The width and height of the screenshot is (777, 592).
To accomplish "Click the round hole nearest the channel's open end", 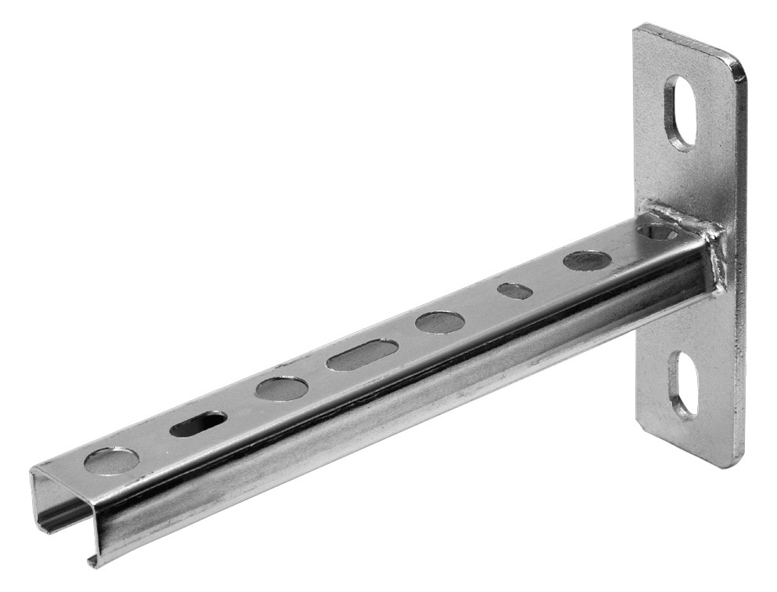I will (x=111, y=461).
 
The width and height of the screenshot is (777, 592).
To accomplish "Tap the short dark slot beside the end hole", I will (x=198, y=423).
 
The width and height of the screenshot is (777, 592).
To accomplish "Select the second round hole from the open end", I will (x=281, y=388).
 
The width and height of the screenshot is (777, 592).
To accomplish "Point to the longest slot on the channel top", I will (x=362, y=354).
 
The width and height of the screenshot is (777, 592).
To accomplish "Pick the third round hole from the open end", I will (x=439, y=321).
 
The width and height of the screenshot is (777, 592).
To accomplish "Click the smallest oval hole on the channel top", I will (x=515, y=291).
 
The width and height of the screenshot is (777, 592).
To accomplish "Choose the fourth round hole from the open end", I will (x=587, y=260).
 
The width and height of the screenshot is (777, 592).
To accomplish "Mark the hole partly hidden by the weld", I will (x=656, y=231).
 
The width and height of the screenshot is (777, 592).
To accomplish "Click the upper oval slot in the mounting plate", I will (x=680, y=112).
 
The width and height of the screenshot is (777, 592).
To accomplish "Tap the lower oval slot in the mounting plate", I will (x=682, y=384).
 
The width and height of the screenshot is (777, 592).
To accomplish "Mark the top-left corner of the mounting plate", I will (x=637, y=28).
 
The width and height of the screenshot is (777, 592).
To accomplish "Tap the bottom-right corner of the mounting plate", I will (x=739, y=464).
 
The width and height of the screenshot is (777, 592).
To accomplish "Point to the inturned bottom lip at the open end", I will (x=92, y=558).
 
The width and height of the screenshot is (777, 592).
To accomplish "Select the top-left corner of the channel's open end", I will (x=33, y=471).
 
